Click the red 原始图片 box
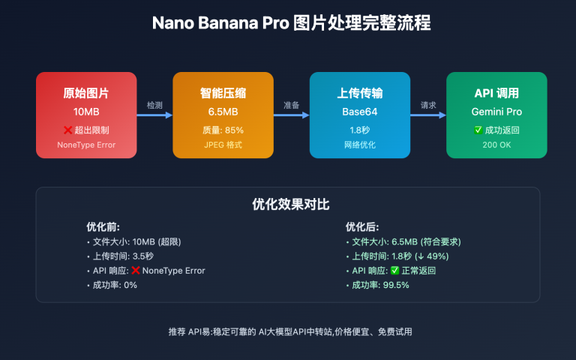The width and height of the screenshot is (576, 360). coord(86,115)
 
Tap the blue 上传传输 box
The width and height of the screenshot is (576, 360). coord(360,115)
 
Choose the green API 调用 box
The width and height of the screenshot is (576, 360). coord(496,115)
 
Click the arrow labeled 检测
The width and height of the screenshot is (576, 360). coord(154,115)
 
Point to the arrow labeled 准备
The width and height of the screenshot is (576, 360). coord(291,115)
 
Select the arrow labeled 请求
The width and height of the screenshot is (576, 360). coord(428,115)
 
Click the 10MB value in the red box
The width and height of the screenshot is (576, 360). coord(86,112)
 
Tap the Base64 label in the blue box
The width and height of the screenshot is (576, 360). coord(360,112)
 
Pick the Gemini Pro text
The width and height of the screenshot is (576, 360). coord(496,112)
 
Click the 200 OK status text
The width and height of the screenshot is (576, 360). coord(496,144)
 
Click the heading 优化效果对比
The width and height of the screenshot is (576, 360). coord(288,204)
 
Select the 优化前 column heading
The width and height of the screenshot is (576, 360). coord(103,226)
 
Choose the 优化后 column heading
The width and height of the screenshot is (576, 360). coord(362,226)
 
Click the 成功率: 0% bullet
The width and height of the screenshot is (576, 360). coord(112,285)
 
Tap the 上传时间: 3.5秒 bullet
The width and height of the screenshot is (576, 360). coord(120,256)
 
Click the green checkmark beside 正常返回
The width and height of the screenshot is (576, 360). coord(394,271)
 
